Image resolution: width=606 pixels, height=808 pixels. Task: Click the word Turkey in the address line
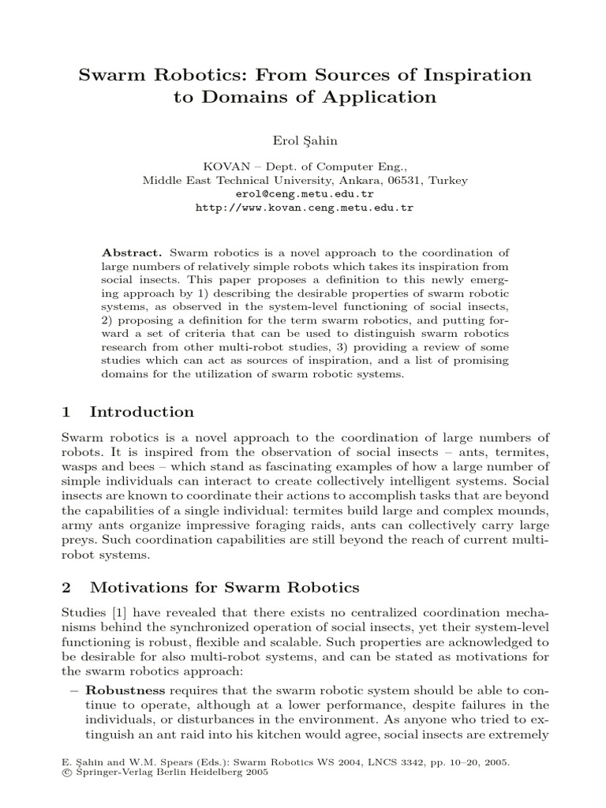[447, 180]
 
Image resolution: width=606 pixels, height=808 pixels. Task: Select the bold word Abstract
[132, 252]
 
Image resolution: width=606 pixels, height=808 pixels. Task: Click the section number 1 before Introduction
[66, 412]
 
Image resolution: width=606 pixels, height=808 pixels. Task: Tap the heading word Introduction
[142, 412]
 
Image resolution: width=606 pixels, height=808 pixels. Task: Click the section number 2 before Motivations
[66, 588]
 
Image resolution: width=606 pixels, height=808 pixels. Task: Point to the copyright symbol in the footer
[65, 774]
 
